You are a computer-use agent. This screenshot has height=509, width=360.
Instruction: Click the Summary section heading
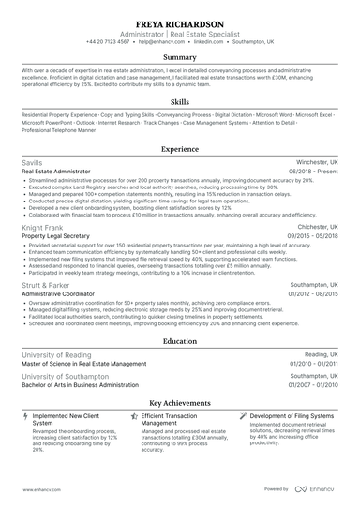coord(179,58)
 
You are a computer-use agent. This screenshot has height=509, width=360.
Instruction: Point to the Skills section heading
coord(179,101)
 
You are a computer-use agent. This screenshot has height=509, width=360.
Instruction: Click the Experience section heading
coord(179,149)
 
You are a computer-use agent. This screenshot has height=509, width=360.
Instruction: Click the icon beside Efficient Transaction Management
coord(134,414)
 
